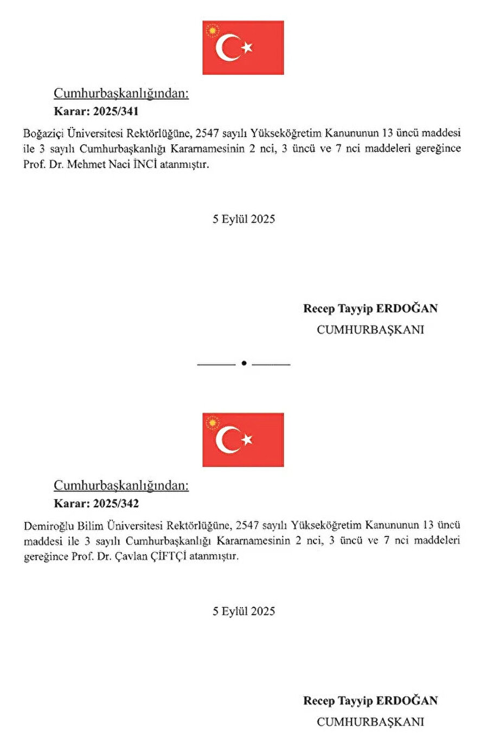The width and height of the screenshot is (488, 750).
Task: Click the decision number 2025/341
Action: pos(115,112)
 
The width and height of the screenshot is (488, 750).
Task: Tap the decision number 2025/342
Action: pos(115,504)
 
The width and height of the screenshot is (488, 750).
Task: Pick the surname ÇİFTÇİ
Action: pos(168,556)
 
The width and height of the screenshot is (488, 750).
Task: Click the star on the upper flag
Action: pos(247,48)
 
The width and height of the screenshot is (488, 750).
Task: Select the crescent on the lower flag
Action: pos(227,440)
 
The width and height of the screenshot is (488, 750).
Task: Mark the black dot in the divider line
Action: pos(243,363)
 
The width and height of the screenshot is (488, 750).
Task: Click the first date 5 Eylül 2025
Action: pos(243,219)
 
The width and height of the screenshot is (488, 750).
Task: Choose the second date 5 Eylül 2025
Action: pos(243,611)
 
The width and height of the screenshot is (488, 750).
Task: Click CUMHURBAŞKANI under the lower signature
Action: pos(370,722)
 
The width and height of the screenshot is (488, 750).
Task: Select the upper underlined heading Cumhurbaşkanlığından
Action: pos(121,94)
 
